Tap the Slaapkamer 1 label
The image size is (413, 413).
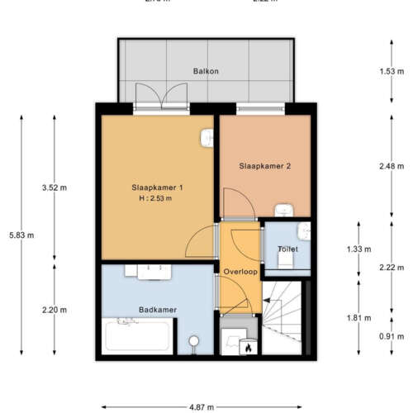click(x=156, y=188)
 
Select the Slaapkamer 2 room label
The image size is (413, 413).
click(x=265, y=166)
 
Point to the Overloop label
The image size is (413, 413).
click(x=240, y=271)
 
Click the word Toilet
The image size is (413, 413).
click(x=287, y=249)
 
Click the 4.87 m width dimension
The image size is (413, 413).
click(x=202, y=407)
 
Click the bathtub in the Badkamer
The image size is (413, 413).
click(x=137, y=339)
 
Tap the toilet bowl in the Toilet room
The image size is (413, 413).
click(x=285, y=259)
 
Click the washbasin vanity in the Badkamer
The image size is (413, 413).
click(x=148, y=270)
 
